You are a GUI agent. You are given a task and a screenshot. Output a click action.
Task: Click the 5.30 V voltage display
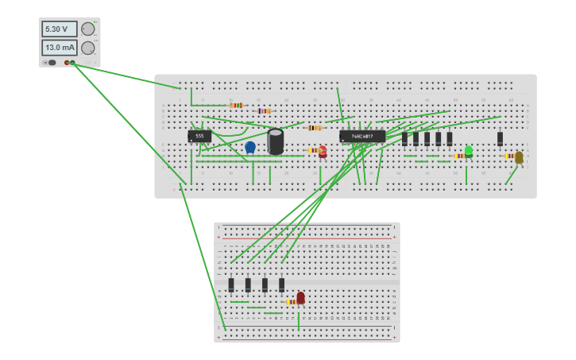point(60,29)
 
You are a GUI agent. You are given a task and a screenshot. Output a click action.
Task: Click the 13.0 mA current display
point(60,48)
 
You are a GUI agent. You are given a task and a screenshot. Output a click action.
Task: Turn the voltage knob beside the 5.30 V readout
point(87,29)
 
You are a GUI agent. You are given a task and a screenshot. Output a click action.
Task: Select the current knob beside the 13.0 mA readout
point(87,48)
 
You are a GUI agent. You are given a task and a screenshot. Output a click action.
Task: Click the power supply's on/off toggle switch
point(51,62)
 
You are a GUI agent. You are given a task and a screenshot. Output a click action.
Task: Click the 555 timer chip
point(199,136)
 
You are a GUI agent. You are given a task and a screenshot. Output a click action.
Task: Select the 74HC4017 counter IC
point(362,137)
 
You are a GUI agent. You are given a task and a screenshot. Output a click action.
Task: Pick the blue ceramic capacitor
point(250,147)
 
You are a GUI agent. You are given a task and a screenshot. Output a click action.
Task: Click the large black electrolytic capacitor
point(276,141)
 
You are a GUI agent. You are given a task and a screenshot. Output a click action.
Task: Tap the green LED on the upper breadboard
point(469,151)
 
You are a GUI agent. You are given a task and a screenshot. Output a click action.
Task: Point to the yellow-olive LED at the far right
point(519,157)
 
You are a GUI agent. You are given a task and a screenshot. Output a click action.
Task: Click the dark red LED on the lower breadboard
point(300,298)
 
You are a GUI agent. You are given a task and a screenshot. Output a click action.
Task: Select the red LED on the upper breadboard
point(323,151)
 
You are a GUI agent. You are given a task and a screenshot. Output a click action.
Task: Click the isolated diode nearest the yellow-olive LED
point(500,139)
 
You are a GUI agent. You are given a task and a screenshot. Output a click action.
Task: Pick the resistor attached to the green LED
point(459,156)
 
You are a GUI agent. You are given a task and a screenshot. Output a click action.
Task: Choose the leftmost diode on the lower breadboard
point(231,285)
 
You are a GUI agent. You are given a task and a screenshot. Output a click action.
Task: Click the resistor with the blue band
point(264,111)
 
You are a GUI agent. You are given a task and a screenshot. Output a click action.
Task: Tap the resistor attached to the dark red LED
point(291,302)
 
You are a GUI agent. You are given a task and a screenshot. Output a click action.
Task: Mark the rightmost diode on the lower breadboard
point(281,285)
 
